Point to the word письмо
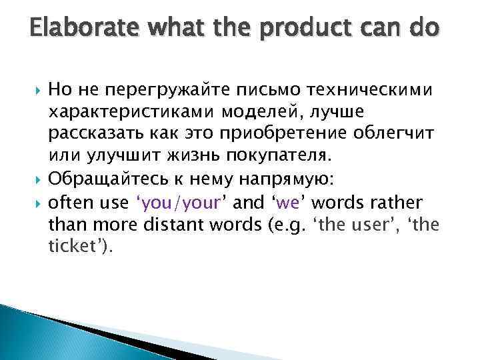point(242,90)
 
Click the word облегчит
point(403,133)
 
